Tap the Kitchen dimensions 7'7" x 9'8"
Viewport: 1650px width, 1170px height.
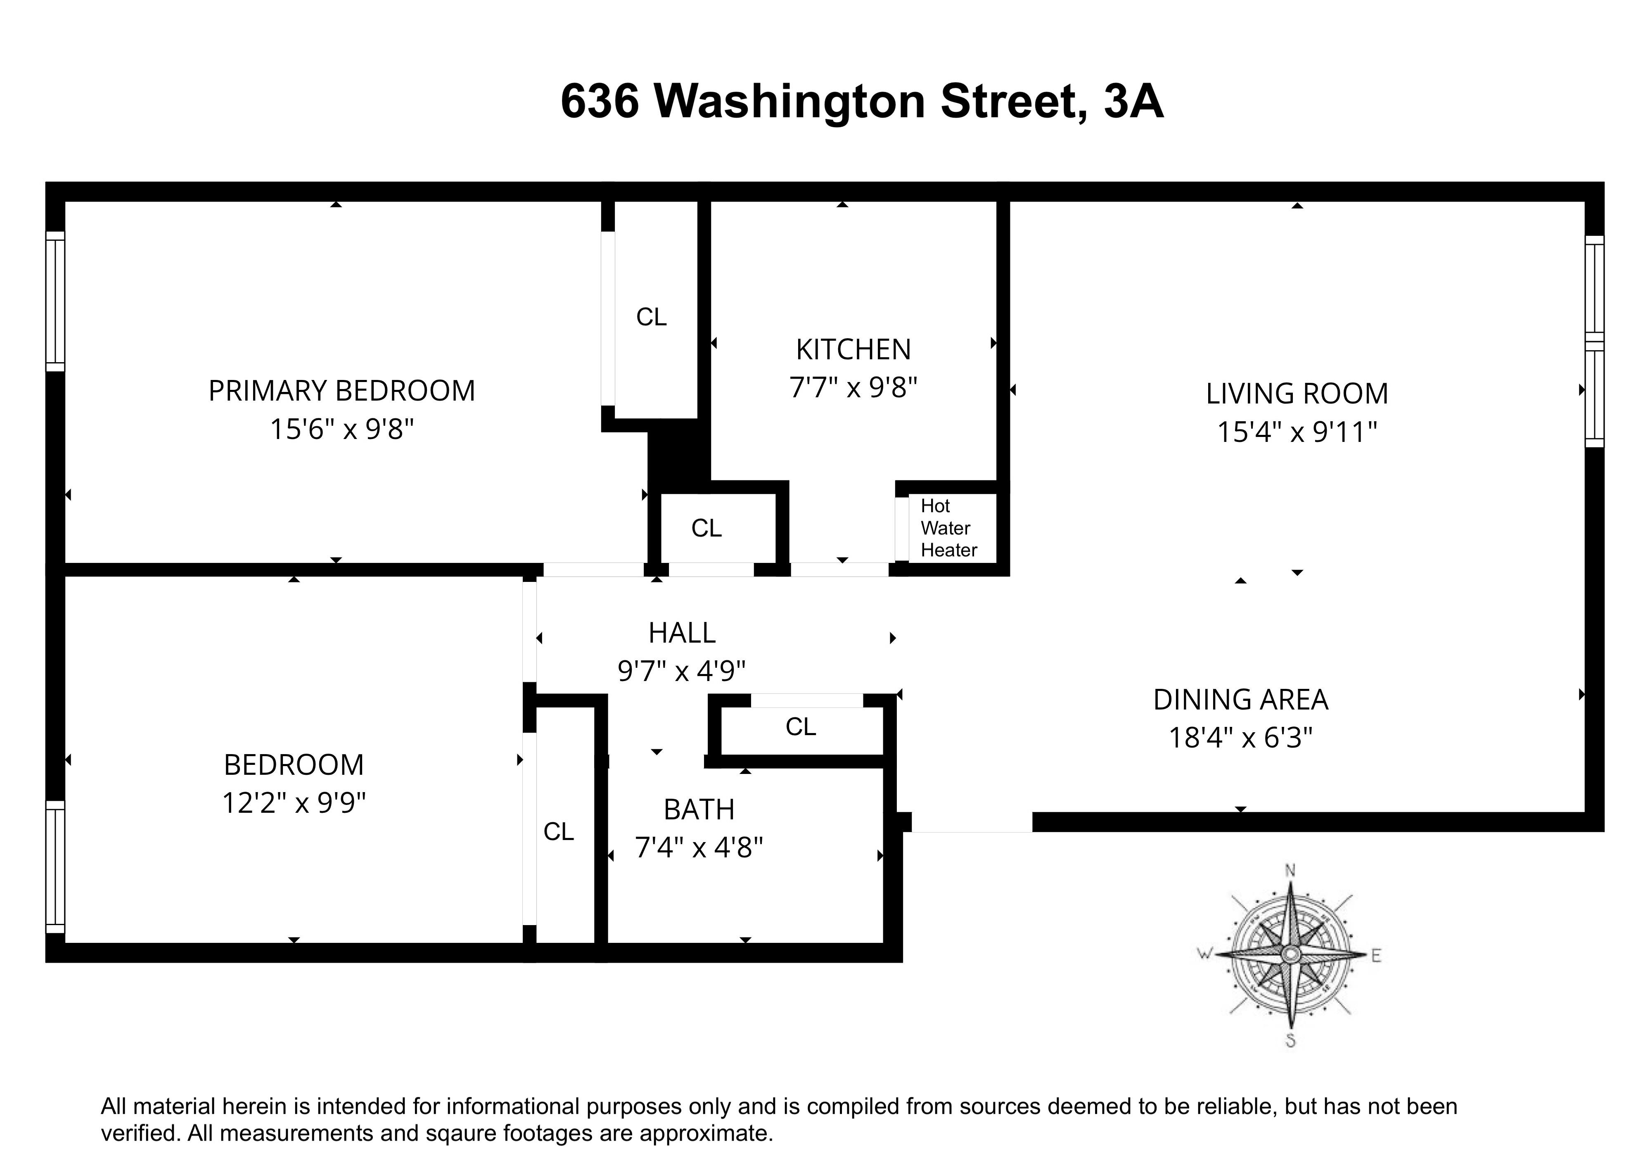[x=853, y=388]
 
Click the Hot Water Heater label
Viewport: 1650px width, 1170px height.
[x=948, y=528]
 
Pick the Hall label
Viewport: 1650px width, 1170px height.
[x=681, y=633]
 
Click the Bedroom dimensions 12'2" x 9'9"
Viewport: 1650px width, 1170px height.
[x=294, y=802]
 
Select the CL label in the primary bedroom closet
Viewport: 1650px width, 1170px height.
[x=651, y=317]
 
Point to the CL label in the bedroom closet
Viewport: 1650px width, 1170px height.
[x=558, y=831]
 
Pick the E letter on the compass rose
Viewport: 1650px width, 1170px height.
[x=1375, y=956]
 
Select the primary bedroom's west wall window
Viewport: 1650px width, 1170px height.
[x=55, y=301]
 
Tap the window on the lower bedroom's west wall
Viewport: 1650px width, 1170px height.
[x=55, y=867]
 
